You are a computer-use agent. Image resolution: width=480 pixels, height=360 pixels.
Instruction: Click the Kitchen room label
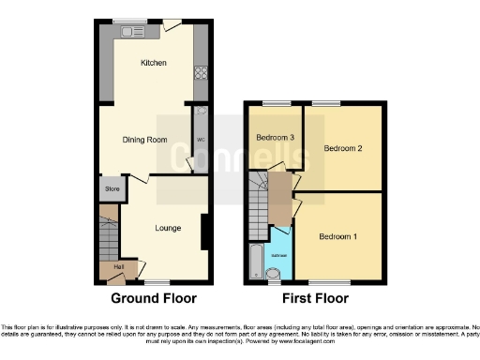click(x=153, y=63)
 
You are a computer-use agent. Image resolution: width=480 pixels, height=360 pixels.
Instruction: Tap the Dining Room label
click(x=144, y=140)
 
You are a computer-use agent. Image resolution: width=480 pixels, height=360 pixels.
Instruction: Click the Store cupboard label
click(x=112, y=190)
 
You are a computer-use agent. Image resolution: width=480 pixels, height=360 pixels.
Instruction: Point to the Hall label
click(x=119, y=267)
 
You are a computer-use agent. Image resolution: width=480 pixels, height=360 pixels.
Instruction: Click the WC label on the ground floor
click(x=201, y=141)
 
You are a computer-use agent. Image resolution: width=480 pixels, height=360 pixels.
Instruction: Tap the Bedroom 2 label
click(x=343, y=148)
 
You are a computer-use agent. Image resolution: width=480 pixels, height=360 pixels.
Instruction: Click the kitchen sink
click(x=128, y=32)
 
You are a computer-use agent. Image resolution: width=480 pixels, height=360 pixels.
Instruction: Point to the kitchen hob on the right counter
click(x=200, y=71)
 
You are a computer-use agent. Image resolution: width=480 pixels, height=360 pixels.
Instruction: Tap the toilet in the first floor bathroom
click(x=273, y=274)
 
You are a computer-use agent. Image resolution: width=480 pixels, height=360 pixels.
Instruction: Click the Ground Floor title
click(x=154, y=299)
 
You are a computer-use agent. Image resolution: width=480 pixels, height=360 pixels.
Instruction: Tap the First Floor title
click(x=314, y=299)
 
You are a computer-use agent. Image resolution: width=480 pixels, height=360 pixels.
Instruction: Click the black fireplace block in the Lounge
click(x=203, y=232)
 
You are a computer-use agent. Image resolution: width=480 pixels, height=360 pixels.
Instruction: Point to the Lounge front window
click(x=157, y=280)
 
